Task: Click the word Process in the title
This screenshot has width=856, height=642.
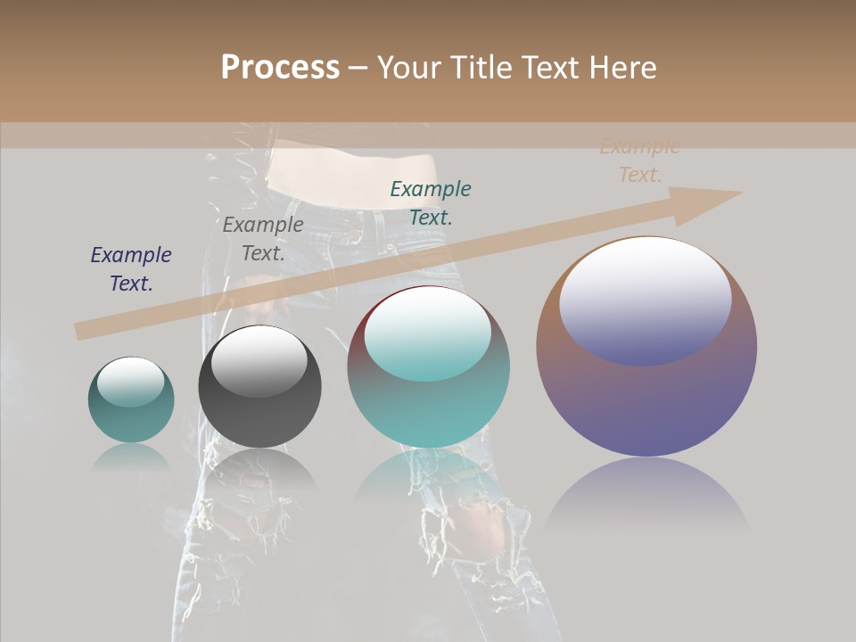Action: click(x=280, y=68)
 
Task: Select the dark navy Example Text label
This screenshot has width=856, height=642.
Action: click(x=131, y=269)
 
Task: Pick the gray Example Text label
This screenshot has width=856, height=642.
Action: click(x=263, y=239)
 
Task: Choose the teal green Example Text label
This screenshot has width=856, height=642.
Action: click(x=431, y=203)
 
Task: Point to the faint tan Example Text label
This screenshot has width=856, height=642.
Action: click(x=640, y=161)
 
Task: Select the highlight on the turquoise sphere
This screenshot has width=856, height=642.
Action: click(x=428, y=333)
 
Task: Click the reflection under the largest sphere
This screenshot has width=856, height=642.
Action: click(x=646, y=495)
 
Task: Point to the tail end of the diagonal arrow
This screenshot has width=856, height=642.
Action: click(x=82, y=331)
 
